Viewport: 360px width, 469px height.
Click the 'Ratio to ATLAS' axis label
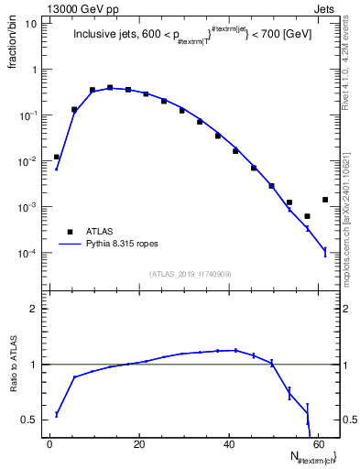pyautogui.click(x=12, y=364)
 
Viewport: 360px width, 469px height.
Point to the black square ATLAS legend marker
pyautogui.click(x=69, y=232)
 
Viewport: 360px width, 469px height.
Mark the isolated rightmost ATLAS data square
pyautogui.click(x=325, y=200)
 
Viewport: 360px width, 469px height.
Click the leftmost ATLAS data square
pyautogui.click(x=57, y=157)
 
